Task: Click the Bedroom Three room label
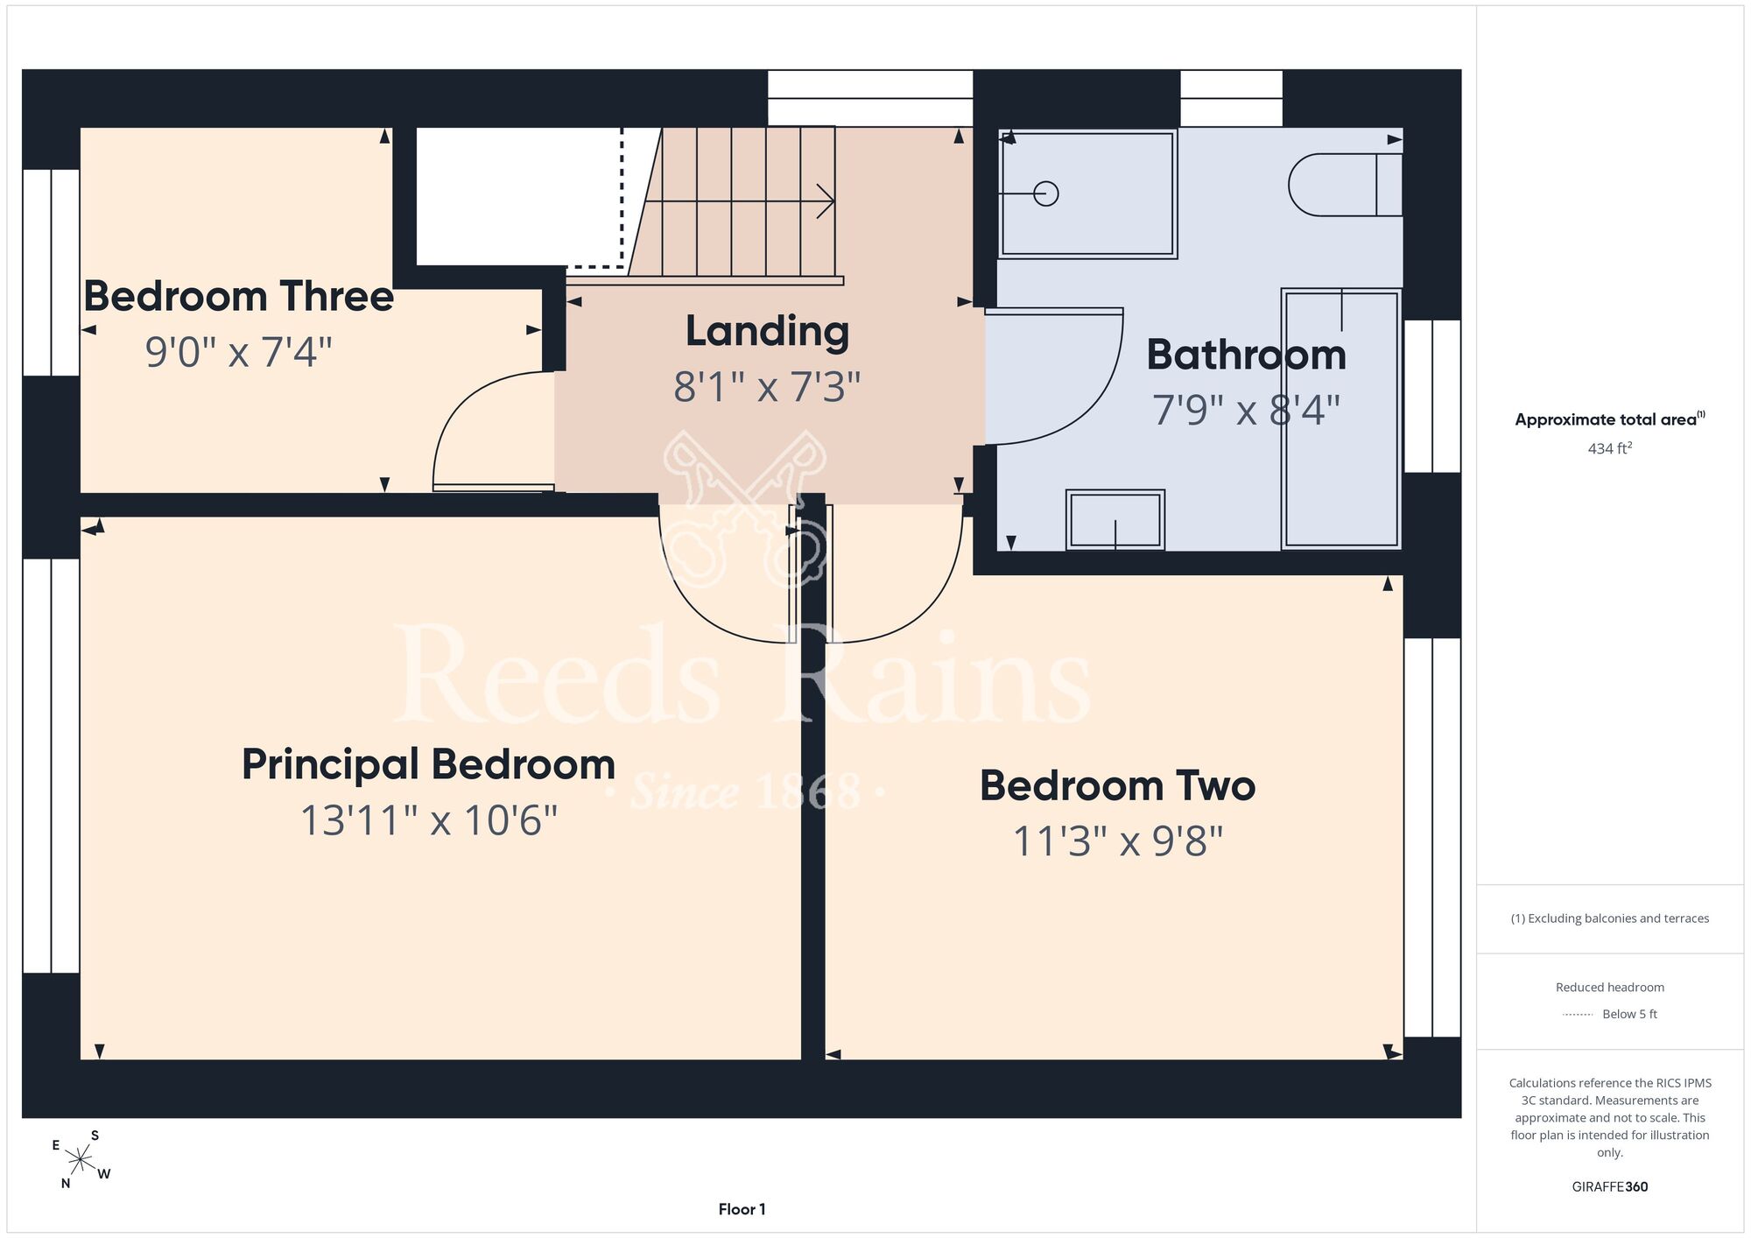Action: pos(238,296)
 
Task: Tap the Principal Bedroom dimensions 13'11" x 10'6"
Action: pos(429,820)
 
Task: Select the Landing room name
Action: pos(767,332)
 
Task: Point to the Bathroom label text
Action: pos(1247,355)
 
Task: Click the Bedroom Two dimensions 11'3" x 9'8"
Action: pos(1118,841)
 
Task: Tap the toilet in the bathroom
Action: pos(1345,185)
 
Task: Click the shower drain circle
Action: pos(1046,193)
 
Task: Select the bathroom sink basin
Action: pos(1115,520)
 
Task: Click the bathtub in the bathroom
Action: pos(1341,419)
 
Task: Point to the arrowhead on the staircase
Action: pos(826,201)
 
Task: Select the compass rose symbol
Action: pos(81,1161)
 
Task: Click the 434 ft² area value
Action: pos(1610,448)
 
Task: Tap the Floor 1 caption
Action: pos(742,1209)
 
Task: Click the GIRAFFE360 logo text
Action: pos(1610,1187)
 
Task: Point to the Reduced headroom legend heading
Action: pos(1610,988)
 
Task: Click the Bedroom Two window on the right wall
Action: pos(1432,838)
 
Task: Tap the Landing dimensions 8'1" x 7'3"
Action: pos(767,387)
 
